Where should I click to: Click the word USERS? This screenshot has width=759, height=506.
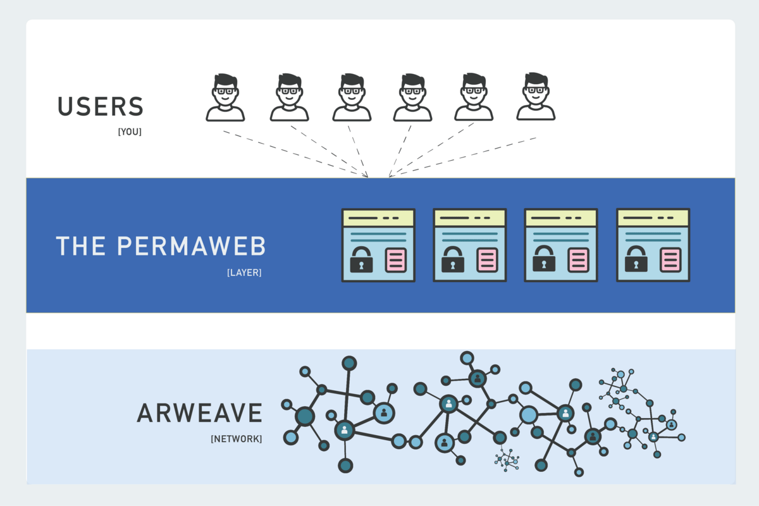tap(101, 107)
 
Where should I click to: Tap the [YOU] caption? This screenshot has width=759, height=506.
tap(130, 132)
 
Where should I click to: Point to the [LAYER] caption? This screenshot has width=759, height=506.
tap(244, 273)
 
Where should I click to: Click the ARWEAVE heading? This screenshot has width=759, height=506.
tap(199, 413)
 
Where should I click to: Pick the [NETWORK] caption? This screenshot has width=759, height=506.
tap(236, 438)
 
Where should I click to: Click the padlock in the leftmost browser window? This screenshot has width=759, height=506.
tap(362, 259)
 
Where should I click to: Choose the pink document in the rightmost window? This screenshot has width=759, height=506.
tap(670, 259)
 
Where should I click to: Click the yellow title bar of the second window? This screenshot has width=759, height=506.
tap(469, 218)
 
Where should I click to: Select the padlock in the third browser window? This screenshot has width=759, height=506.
tap(544, 259)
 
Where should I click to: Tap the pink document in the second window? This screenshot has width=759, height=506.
tap(488, 259)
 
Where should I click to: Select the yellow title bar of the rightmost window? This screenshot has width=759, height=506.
tap(653, 218)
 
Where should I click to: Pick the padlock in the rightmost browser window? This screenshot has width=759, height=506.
tap(636, 259)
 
